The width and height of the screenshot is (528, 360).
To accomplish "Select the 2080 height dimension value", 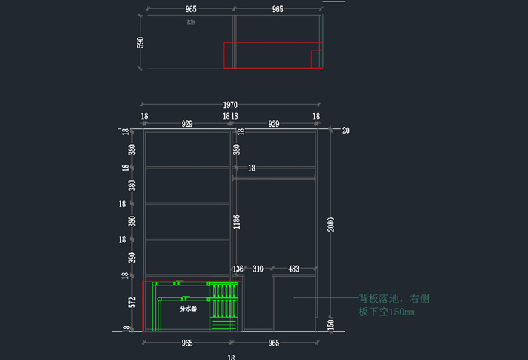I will (331, 224).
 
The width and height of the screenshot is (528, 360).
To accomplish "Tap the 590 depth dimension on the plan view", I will (140, 42).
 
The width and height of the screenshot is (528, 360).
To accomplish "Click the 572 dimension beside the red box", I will (132, 303).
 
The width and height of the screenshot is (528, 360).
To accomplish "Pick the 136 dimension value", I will (238, 269).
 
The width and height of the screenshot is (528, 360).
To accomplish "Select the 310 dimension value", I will (258, 269).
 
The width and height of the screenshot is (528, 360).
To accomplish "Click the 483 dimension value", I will (294, 269).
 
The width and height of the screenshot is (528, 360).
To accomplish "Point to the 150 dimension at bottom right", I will (331, 324).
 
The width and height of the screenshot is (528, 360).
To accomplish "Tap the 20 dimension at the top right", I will (346, 130).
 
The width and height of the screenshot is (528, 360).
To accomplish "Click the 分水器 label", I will (188, 309).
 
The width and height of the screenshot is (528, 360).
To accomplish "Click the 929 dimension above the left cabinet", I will (187, 123).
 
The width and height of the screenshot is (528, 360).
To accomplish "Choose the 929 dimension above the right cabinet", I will (275, 123).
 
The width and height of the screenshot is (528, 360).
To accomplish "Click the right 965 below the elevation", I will (274, 343).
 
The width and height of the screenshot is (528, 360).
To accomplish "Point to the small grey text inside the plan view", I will (190, 22).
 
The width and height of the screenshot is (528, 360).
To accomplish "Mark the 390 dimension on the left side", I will (132, 258).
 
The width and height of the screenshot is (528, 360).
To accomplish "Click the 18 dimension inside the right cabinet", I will (252, 168).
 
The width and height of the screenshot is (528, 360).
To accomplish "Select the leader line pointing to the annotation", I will (324, 297).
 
